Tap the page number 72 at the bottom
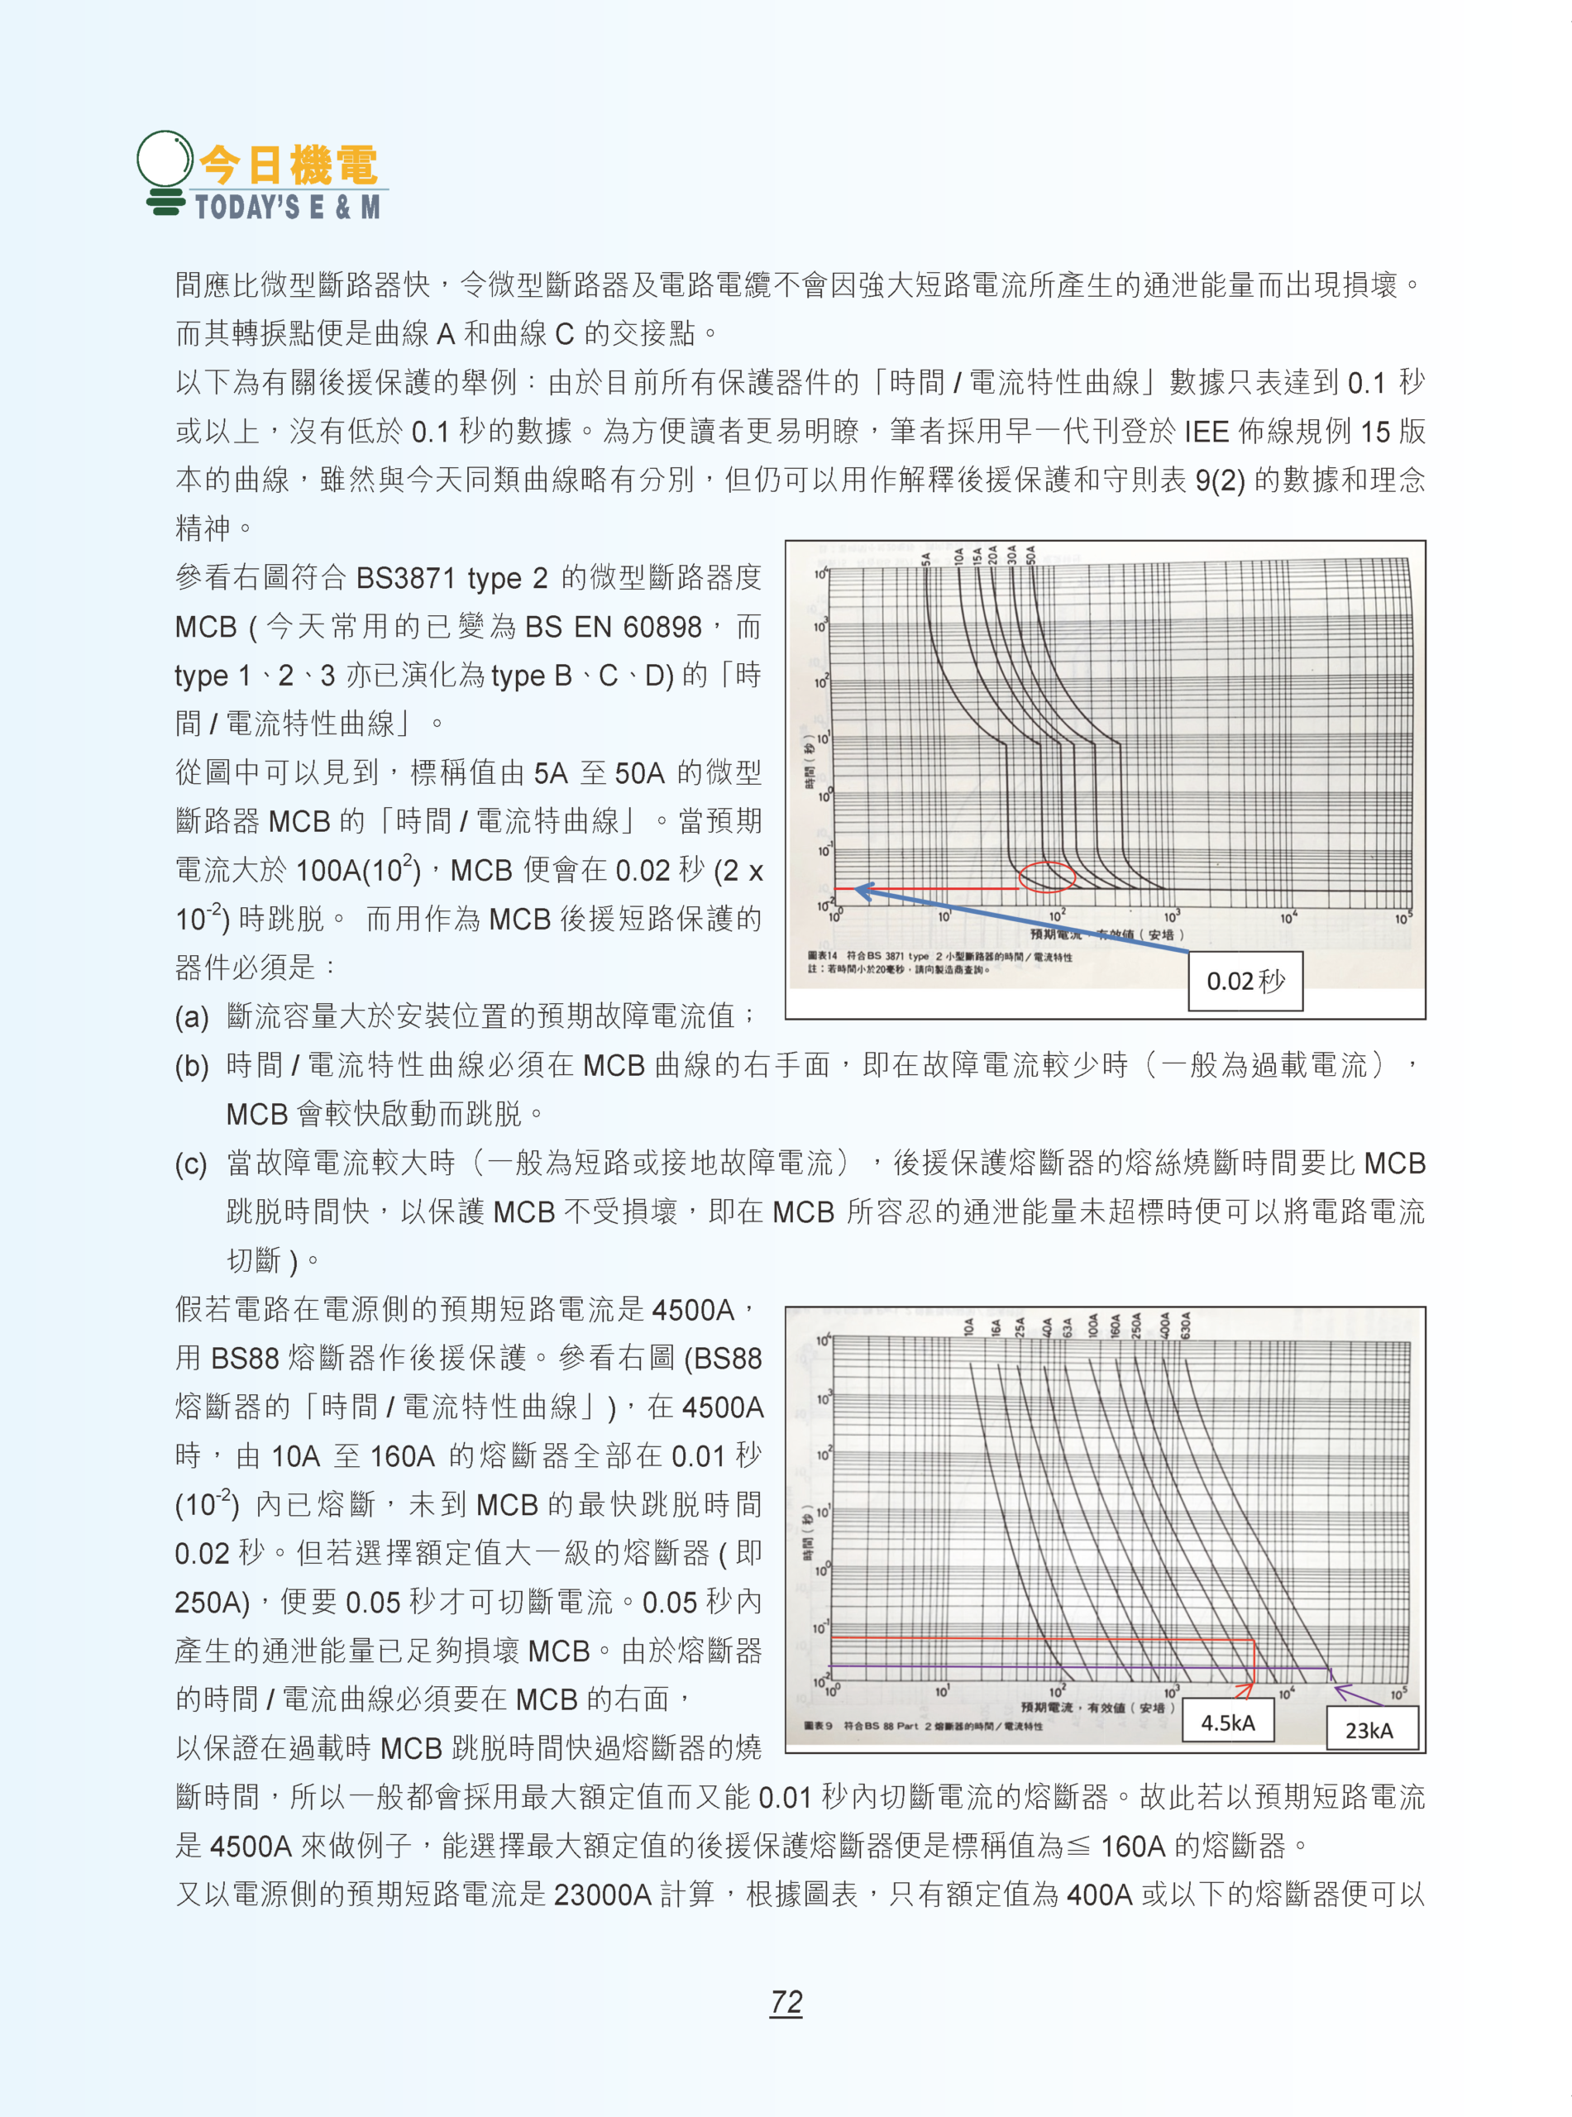pos(786,2001)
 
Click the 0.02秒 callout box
pos(1245,981)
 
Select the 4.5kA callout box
pos(1227,1723)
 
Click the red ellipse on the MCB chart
pos(1047,876)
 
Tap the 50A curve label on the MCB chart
pos(1030,554)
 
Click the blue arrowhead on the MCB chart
pos(863,891)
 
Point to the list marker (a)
pos(191,1017)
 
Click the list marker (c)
pos(191,1164)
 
